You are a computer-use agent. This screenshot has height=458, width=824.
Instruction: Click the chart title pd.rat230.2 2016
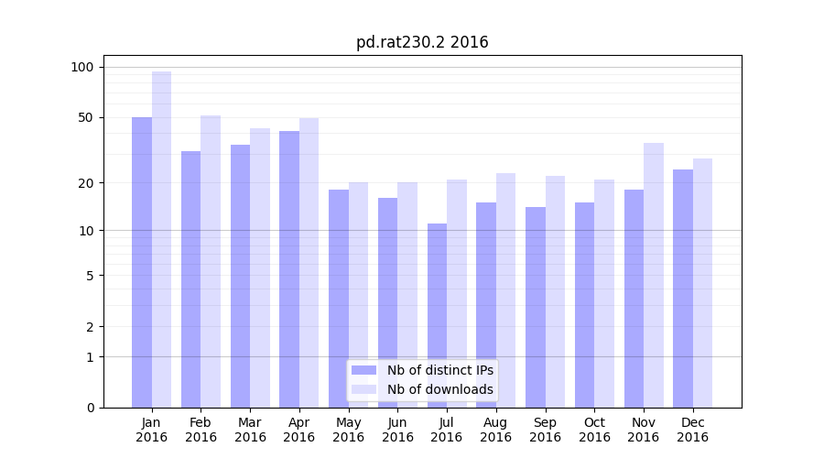pyautogui.click(x=422, y=42)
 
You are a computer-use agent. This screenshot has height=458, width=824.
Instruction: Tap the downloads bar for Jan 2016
pyautogui.click(x=161, y=239)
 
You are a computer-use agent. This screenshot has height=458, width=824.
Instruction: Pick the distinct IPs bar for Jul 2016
pyautogui.click(x=437, y=315)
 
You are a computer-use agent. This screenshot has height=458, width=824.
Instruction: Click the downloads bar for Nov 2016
pyautogui.click(x=654, y=275)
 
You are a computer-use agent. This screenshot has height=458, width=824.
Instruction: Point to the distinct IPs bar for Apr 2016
pyautogui.click(x=289, y=269)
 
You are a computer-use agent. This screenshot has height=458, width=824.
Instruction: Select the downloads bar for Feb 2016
pyautogui.click(x=211, y=261)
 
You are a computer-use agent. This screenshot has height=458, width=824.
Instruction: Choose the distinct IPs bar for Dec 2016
pyautogui.click(x=683, y=289)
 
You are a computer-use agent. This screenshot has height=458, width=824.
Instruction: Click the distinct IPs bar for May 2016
pyautogui.click(x=339, y=299)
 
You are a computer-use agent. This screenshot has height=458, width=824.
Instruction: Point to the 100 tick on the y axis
pyautogui.click(x=82, y=67)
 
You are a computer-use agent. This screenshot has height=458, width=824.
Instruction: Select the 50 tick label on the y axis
pyautogui.click(x=85, y=117)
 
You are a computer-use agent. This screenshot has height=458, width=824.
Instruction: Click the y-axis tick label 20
pyautogui.click(x=85, y=183)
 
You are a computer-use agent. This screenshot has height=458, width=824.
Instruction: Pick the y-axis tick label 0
pyautogui.click(x=89, y=408)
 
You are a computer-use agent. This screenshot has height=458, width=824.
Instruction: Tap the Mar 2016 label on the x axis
pyautogui.click(x=250, y=430)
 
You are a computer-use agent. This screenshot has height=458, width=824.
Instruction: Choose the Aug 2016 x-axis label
pyautogui.click(x=495, y=430)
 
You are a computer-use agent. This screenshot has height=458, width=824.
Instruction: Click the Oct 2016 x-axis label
pyautogui.click(x=594, y=430)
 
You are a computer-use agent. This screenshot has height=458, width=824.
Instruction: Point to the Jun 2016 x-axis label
pyautogui.click(x=397, y=430)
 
